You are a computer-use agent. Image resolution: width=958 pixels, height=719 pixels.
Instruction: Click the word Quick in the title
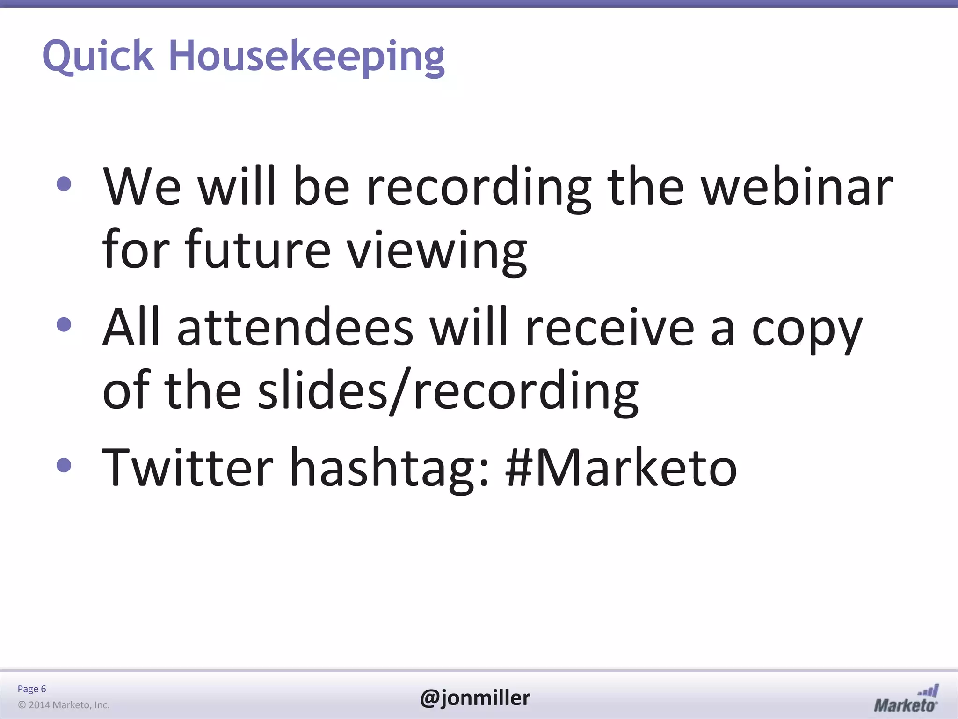pyautogui.click(x=98, y=56)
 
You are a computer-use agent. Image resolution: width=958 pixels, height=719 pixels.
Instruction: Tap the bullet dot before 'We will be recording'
pyautogui.click(x=64, y=184)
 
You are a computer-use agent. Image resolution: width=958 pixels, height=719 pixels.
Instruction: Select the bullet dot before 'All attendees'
pyautogui.click(x=64, y=324)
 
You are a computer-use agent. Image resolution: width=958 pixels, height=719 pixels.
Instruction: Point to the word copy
pyautogui.click(x=806, y=330)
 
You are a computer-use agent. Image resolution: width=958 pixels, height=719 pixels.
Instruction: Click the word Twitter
pyautogui.click(x=187, y=467)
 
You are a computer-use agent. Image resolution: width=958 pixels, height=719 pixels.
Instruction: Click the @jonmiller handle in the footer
pyautogui.click(x=475, y=697)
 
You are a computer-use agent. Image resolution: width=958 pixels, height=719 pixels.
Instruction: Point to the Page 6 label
pyautogui.click(x=32, y=689)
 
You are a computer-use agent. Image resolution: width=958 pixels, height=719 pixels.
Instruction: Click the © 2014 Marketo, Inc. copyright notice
pyautogui.click(x=64, y=705)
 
